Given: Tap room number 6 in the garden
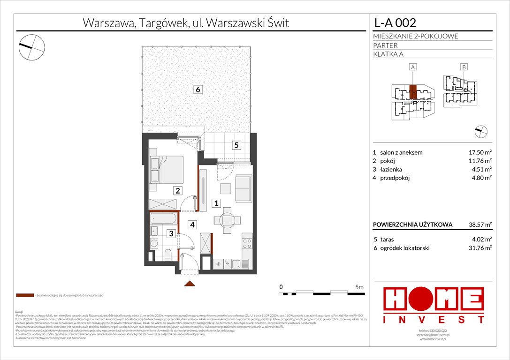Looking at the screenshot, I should pyautogui.click(x=199, y=89).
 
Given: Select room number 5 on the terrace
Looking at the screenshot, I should pyautogui.click(x=236, y=145).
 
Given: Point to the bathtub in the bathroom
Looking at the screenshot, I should pyautogui.click(x=163, y=218).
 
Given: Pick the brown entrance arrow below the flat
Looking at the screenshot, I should pyautogui.click(x=190, y=283).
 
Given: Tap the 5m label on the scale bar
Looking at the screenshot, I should pyautogui.click(x=359, y=286).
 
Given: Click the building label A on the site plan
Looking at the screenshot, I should pyautogui.click(x=413, y=67).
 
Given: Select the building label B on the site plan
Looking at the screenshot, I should pyautogui.click(x=463, y=67).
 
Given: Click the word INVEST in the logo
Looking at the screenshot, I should pyautogui.click(x=434, y=320).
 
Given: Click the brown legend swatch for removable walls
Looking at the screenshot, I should pyautogui.click(x=24, y=296).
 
